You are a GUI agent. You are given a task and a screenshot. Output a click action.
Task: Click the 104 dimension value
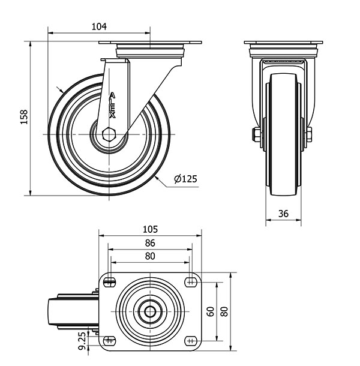pos(99,26)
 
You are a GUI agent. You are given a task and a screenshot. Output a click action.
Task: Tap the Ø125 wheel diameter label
pos(186,179)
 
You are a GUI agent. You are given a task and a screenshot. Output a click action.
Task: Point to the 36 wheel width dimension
pos(284,213)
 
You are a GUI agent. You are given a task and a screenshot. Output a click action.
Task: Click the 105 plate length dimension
pos(150,229)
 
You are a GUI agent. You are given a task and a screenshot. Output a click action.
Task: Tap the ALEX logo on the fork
pos(114,103)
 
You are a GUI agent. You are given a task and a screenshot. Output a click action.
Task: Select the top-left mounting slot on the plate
pos(109,282)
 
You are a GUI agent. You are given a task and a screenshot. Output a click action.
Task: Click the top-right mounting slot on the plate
pos(191,282)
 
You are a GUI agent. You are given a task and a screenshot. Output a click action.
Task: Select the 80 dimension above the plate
pos(150,256)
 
